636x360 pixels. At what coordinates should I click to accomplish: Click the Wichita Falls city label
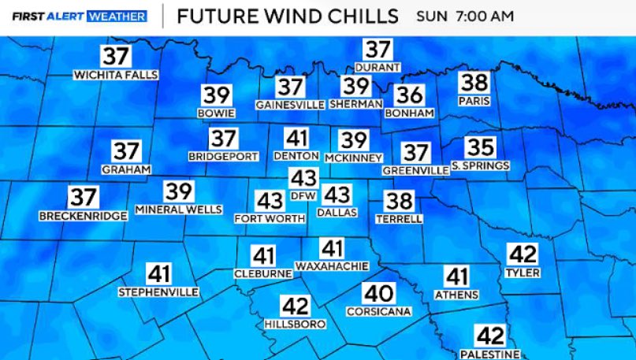[116, 76]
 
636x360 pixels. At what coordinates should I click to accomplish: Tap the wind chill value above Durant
[378, 50]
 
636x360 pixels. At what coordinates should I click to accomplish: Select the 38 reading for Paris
[474, 83]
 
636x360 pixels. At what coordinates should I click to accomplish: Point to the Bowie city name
[217, 113]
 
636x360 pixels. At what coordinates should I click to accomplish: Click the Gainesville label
[290, 104]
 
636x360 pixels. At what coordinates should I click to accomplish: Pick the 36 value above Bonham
[410, 95]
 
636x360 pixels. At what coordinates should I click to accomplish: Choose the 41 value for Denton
[296, 139]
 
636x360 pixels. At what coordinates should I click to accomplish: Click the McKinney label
[353, 158]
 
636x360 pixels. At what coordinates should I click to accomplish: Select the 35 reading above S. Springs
[480, 147]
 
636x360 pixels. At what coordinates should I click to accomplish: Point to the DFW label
[303, 195]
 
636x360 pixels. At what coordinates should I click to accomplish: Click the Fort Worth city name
[270, 218]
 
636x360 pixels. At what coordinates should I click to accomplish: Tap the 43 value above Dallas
[337, 194]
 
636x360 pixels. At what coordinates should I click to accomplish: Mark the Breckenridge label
[83, 216]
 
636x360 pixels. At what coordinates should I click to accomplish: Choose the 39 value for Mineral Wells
[179, 191]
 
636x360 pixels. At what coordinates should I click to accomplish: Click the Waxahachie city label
[332, 266]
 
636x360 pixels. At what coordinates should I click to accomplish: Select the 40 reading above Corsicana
[378, 294]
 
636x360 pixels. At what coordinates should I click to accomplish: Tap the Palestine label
[490, 354]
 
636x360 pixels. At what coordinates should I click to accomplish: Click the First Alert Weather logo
[80, 16]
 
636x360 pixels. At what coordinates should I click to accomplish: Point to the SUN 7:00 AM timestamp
[465, 16]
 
